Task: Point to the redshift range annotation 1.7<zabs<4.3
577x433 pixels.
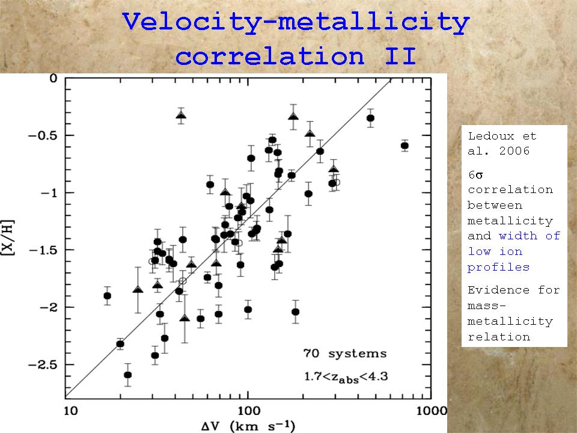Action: [x=345, y=377]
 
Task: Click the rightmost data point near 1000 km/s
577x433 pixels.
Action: [x=405, y=146]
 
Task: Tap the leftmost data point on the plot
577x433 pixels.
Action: [x=107, y=295]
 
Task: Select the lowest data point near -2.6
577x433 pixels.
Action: [x=127, y=375]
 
